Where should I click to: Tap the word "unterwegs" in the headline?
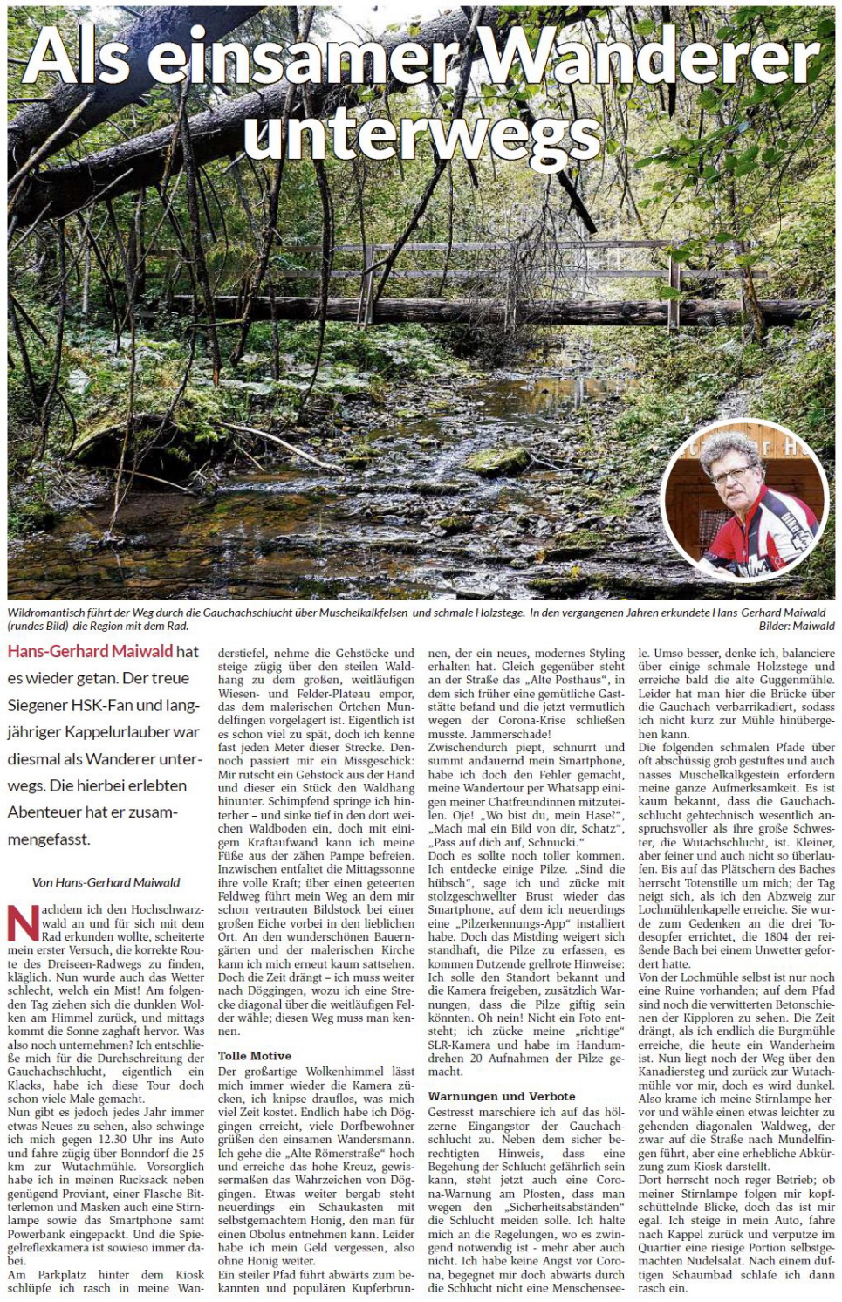pyautogui.click(x=421, y=137)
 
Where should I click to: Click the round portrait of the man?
pyautogui.click(x=743, y=500)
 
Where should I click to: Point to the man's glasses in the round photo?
pyautogui.click(x=730, y=476)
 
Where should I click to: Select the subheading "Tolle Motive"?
pyautogui.click(x=255, y=1056)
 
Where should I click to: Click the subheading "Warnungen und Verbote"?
pyautogui.click(x=502, y=1096)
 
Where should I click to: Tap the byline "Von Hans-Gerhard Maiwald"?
pyautogui.click(x=106, y=882)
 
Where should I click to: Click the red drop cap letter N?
pyautogui.click(x=24, y=923)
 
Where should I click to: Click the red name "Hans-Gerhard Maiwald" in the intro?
pyautogui.click(x=91, y=652)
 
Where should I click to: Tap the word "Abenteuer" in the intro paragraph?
pyautogui.click(x=44, y=812)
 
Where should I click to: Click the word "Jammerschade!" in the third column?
pyautogui.click(x=510, y=734)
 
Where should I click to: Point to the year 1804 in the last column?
pyautogui.click(x=777, y=936)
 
